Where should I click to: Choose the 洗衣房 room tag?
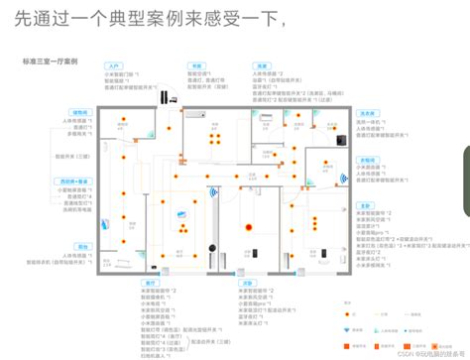(x=367, y=111)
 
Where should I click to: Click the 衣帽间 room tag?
(x=367, y=159)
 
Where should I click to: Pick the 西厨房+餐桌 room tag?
(x=74, y=181)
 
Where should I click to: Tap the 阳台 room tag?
(x=82, y=245)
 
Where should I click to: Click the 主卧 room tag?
(x=366, y=204)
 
